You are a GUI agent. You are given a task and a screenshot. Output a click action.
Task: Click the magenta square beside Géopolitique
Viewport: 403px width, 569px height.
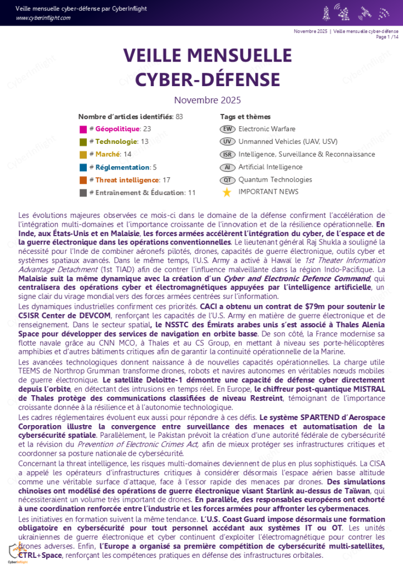83,129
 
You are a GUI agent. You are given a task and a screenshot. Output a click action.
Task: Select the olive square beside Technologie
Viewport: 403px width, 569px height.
83,142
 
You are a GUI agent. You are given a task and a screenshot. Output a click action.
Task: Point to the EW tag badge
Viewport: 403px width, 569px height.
227,129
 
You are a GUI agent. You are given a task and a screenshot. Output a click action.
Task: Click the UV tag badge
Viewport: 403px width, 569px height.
227,142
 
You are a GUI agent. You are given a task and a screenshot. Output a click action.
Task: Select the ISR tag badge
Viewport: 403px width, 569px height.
227,154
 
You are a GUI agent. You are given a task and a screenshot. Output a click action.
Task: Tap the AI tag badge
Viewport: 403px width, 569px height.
227,167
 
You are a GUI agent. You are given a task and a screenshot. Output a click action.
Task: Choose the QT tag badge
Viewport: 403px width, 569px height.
227,180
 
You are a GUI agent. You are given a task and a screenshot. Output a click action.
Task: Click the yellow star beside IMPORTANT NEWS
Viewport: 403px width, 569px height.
227,192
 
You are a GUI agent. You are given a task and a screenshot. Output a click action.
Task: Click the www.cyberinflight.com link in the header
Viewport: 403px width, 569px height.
43,18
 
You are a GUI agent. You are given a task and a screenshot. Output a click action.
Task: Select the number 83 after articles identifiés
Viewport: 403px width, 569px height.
179,117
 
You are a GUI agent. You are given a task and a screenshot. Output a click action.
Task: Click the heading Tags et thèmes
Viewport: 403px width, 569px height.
245,117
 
